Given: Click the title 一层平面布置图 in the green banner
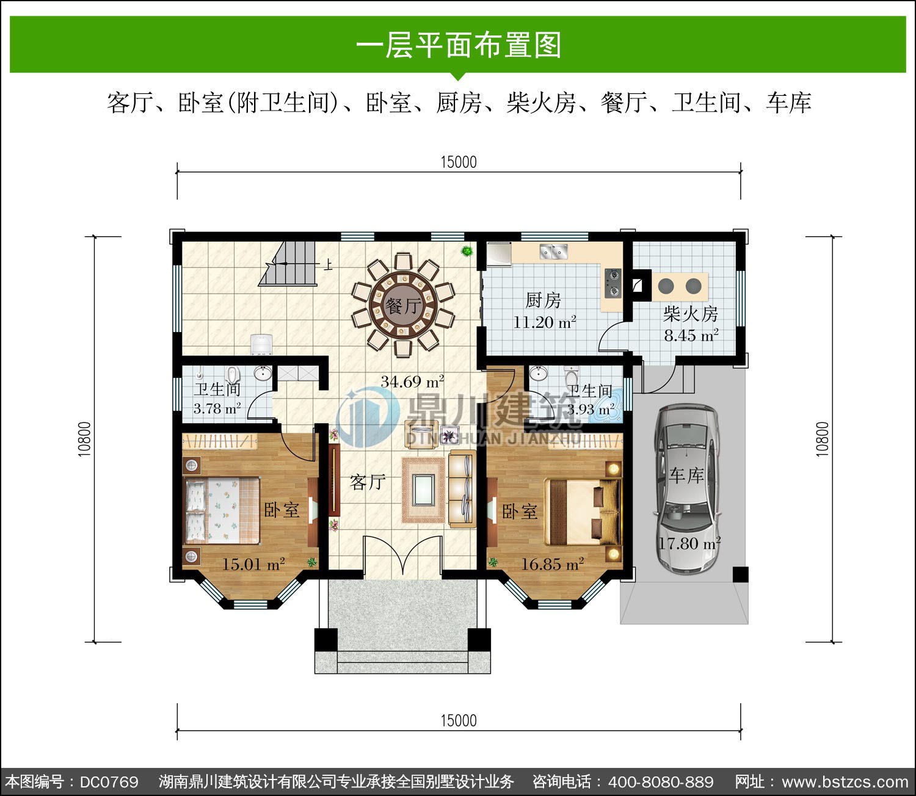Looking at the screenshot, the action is point(459,45).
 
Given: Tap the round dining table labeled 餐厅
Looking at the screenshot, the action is point(404,305).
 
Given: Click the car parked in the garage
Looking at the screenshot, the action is point(687,489).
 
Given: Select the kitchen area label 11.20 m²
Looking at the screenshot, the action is point(544,322).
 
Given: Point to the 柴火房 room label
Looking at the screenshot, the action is point(690,314).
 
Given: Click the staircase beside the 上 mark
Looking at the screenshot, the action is point(288,264).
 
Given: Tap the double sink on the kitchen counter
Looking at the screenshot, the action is point(553,252).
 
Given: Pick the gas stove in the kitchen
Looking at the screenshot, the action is point(613,283).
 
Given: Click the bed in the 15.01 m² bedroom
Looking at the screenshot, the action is point(222,510).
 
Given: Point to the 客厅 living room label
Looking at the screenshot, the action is point(368,482).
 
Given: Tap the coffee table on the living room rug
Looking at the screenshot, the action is point(424,490).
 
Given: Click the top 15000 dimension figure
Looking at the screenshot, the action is point(459,162).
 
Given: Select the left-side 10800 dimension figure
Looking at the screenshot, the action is point(84,439).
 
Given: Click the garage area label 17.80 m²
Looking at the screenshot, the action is point(689,543).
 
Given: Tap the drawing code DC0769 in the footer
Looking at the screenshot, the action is point(109,782).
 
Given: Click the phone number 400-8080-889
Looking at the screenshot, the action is point(661,782).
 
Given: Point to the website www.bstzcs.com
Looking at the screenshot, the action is point(845,782).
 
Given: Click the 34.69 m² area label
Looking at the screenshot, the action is point(412,382).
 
